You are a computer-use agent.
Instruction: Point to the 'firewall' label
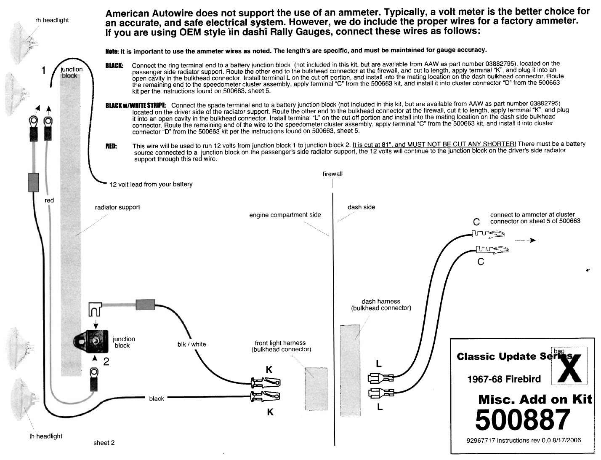[332, 174]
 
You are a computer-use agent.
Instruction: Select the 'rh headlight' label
[52, 20]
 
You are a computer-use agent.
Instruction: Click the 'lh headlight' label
[46, 436]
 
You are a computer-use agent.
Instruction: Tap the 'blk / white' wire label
[192, 344]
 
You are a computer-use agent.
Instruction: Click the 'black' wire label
[157, 398]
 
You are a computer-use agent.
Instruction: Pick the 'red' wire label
[49, 201]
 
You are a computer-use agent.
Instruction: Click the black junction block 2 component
[93, 340]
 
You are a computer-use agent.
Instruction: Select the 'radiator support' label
[117, 207]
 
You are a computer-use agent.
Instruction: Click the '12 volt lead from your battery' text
[151, 184]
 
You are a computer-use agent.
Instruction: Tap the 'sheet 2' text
[104, 443]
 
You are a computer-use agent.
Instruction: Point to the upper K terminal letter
[269, 370]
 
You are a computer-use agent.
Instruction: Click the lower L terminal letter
[380, 407]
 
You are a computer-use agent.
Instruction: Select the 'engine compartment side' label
[285, 215]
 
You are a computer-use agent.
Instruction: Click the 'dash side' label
[361, 207]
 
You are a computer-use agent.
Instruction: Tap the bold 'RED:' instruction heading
[111, 146]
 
